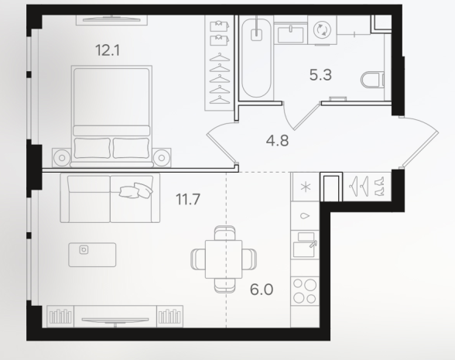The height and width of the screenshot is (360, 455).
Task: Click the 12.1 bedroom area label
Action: point(108,50)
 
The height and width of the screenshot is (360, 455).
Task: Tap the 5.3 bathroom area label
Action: point(320,75)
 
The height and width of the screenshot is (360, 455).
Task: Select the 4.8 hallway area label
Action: point(277,141)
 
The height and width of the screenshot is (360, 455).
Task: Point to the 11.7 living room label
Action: point(188,200)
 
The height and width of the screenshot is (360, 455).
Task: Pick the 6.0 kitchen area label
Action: point(262,290)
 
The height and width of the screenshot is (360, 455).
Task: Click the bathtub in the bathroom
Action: point(256,58)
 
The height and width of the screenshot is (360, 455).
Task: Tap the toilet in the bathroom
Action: point(373,80)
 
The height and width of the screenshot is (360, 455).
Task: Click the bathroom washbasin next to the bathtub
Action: point(290,34)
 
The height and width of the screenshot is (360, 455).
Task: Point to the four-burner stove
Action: point(305,291)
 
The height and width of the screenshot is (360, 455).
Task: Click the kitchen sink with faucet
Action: point(305,245)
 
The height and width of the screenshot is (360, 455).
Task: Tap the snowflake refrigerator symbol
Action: point(305,187)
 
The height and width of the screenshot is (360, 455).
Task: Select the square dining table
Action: point(224,259)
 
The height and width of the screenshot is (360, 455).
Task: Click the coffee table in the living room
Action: point(92,255)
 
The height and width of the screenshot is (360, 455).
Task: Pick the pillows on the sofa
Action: point(136,190)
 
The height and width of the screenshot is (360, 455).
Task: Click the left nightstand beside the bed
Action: point(62,158)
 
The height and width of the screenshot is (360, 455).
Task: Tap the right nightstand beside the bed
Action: point(162,158)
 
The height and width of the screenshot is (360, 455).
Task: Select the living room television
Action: point(115,320)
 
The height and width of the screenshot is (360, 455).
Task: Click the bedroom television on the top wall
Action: point(111,19)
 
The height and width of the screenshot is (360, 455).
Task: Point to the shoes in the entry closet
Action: point(379,186)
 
